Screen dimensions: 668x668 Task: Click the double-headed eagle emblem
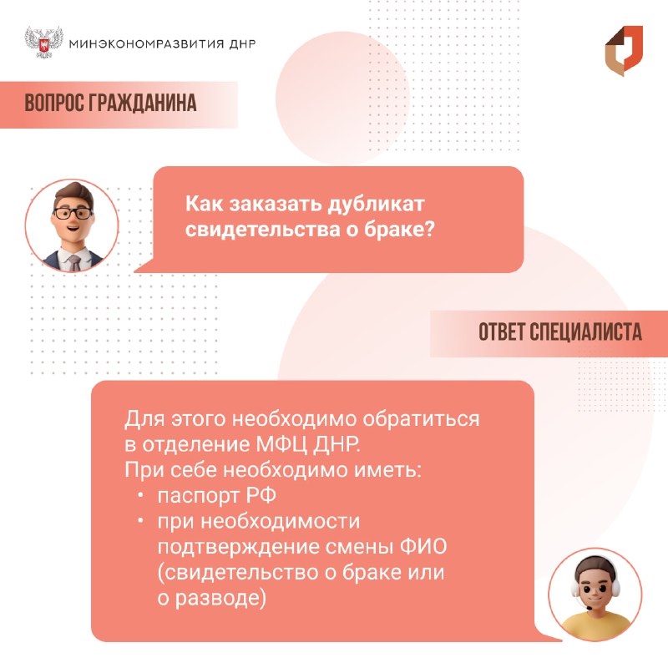coord(44,43)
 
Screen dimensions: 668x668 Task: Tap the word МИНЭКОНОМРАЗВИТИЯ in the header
coord(146,44)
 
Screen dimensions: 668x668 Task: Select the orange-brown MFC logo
coord(624,51)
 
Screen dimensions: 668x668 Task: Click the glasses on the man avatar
coord(73,213)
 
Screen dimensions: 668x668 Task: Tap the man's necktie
coord(75,262)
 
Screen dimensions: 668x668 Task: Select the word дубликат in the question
coord(376,204)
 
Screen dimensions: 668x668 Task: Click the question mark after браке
coord(429,230)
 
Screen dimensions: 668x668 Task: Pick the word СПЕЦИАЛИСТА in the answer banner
coord(585,332)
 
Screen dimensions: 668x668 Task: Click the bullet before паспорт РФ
coord(140,495)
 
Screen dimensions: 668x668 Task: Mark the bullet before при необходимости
coord(140,521)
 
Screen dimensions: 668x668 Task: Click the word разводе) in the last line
coord(220,598)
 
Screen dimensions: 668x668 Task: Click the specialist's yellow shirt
coord(595,625)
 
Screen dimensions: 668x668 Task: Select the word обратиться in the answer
coord(421,419)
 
